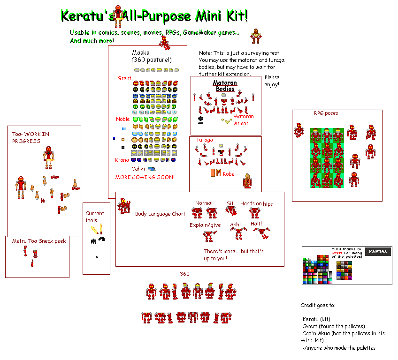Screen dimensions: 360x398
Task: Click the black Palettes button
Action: tap(378, 252)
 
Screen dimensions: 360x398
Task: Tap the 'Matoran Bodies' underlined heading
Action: tap(225, 86)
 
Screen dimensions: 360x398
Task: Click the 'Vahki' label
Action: tap(138, 169)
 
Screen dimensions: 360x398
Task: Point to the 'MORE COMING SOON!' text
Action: tap(145, 177)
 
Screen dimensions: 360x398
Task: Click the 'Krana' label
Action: tap(122, 160)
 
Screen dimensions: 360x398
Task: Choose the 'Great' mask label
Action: tap(124, 78)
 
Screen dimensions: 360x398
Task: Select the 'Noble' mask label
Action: tap(123, 119)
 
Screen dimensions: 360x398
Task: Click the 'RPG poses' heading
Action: tap(326, 113)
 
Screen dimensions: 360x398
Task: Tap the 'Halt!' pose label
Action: tap(256, 224)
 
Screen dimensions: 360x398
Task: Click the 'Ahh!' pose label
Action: tap(235, 225)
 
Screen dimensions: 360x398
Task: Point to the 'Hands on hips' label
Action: tap(256, 204)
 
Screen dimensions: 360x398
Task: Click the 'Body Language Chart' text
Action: tap(160, 214)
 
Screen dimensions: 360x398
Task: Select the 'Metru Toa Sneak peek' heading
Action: tap(39, 241)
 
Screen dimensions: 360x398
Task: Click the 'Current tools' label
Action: tap(95, 217)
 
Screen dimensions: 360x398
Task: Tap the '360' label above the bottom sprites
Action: tap(184, 274)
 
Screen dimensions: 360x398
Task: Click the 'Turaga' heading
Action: tap(204, 140)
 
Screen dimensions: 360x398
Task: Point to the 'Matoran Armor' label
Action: tap(244, 120)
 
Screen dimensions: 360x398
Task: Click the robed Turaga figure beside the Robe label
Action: tap(247, 181)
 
